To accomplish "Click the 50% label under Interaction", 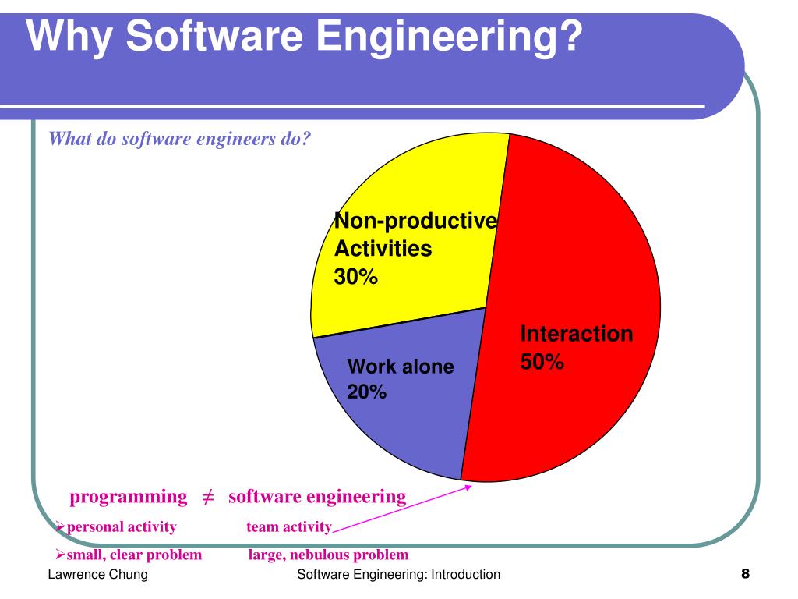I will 542,362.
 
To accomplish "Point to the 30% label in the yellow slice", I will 356,276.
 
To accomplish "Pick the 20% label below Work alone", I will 367,392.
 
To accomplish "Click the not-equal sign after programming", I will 208,498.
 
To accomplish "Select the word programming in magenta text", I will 129,497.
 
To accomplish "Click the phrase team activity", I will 289,527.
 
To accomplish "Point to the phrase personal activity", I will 122,527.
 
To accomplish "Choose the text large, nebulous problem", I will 328,555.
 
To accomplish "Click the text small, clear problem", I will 134,555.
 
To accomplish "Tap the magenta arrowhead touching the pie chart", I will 468,487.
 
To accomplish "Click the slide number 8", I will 745,575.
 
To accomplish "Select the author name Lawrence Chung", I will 98,576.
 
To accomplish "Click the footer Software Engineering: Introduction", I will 399,576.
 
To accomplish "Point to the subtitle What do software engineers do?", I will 180,140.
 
